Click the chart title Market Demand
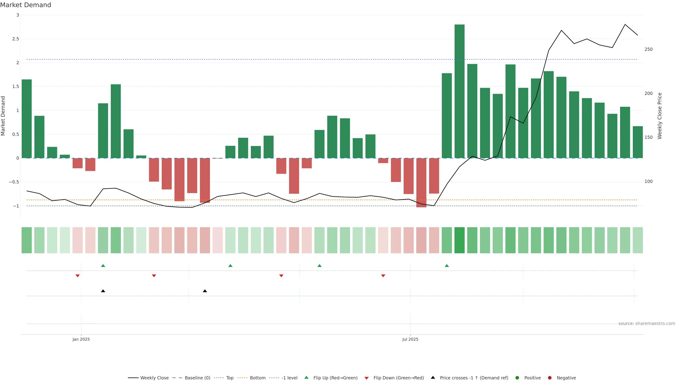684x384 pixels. pyautogui.click(x=25, y=5)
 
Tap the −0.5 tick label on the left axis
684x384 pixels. pyautogui.click(x=14, y=182)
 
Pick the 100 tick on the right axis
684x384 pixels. pyautogui.click(x=648, y=182)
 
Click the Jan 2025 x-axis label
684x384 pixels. pyautogui.click(x=81, y=339)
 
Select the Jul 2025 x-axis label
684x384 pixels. pyautogui.click(x=410, y=339)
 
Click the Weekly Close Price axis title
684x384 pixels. pyautogui.click(x=660, y=116)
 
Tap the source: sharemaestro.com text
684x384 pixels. pyautogui.click(x=647, y=324)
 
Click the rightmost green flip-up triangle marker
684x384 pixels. pyautogui.click(x=447, y=266)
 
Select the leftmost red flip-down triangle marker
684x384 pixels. pyautogui.click(x=77, y=276)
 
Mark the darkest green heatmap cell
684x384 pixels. pyautogui.click(x=459, y=240)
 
